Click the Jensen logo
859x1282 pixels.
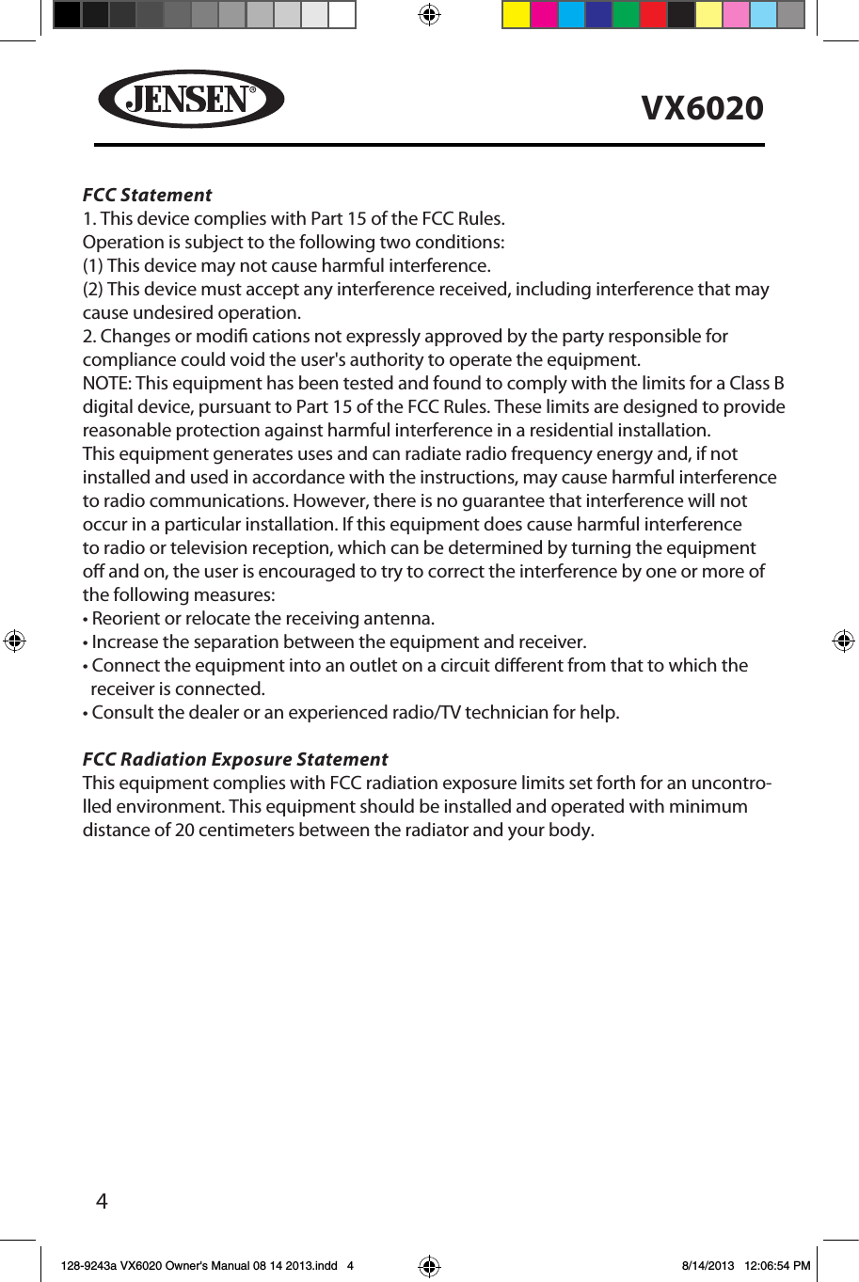[191, 99]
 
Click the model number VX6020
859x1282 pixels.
[702, 108]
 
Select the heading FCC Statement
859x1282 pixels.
[147, 195]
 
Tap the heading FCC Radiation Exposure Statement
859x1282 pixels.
[235, 759]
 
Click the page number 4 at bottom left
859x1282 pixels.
[102, 1201]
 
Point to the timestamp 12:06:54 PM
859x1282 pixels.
[776, 1265]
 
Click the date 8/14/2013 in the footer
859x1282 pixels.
[708, 1265]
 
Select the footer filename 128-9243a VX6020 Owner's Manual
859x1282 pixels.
[199, 1265]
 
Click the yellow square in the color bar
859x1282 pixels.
[517, 15]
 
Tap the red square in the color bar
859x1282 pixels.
[653, 15]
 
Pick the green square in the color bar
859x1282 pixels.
[626, 15]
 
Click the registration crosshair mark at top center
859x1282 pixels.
[429, 15]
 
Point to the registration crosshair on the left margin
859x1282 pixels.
[14, 641]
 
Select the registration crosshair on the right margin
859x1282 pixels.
[843, 641]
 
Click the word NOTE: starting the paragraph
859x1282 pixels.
[107, 383]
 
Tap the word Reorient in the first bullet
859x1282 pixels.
[126, 618]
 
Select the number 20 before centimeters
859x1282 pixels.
[184, 830]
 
